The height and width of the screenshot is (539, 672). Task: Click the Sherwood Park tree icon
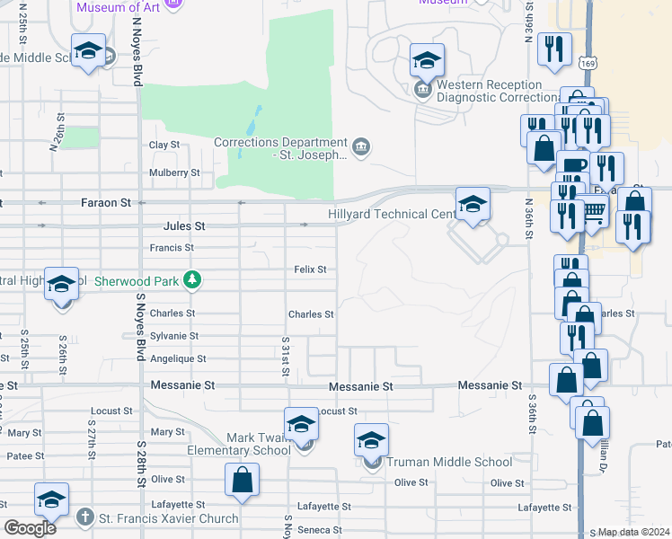coord(191,280)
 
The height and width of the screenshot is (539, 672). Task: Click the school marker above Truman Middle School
coord(371,440)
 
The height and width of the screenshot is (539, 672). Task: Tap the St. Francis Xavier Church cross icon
coord(84,517)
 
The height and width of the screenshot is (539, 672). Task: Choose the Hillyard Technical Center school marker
coord(473,204)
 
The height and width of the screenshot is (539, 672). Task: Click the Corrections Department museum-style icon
coord(361,147)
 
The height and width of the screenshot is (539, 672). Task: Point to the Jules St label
coord(184,226)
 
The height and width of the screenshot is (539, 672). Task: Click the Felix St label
coord(310,269)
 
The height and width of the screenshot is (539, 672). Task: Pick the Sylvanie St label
coord(173,336)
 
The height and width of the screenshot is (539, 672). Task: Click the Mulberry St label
coord(174,172)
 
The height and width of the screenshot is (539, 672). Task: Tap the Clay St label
coord(164,145)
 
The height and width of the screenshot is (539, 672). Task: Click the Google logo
coord(31,528)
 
